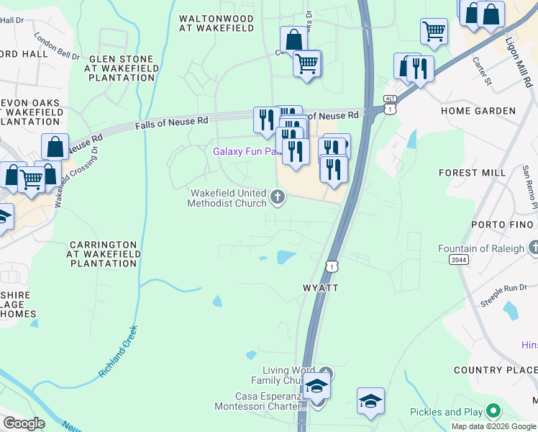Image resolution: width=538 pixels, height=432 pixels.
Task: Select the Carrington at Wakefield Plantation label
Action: click(x=101, y=254)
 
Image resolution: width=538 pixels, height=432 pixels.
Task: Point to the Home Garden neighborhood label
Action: click(x=478, y=111)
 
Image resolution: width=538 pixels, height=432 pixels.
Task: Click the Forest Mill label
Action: click(x=468, y=173)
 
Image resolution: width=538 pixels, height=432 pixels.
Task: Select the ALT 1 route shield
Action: click(x=390, y=104)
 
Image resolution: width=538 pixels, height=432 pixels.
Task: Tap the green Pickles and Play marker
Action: click(x=493, y=412)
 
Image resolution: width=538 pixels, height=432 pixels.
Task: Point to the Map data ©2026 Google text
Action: click(x=493, y=426)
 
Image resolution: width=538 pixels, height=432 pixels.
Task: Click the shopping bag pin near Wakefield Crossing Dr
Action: click(x=55, y=148)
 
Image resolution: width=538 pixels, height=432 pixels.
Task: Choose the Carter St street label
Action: click(x=479, y=71)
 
